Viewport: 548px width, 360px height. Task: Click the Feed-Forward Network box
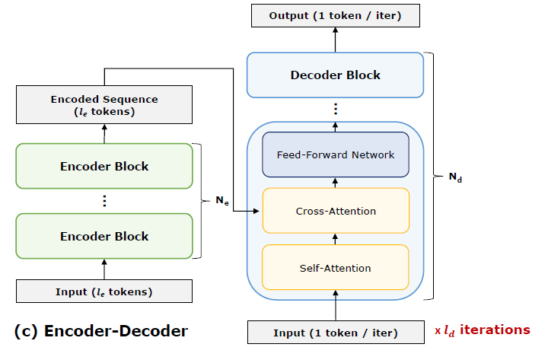coord(336,155)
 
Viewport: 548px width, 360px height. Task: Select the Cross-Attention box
coord(336,211)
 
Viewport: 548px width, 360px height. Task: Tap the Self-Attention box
coord(336,267)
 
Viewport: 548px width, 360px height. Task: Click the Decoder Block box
coord(335,75)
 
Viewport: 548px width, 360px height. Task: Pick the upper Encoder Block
coord(104,166)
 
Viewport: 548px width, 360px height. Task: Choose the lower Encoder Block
coord(104,236)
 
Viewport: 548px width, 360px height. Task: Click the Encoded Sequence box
coord(104,104)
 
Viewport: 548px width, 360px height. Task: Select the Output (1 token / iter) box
coord(336,15)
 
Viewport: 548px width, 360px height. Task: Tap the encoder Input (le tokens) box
coord(104,292)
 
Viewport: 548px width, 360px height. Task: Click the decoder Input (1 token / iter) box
coord(336,333)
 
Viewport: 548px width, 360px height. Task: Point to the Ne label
coord(222,201)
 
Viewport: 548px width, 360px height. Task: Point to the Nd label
coord(455,177)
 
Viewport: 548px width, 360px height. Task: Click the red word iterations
coord(495,330)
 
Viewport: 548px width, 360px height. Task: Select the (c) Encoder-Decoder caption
coord(101,331)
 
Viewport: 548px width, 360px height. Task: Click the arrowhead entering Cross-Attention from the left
coord(256,211)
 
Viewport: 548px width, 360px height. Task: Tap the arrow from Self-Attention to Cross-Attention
coord(335,239)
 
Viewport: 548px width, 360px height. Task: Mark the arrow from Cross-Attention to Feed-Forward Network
coord(335,183)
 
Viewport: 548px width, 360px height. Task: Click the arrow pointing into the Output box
coord(335,40)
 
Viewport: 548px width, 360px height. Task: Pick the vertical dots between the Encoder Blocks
coord(104,201)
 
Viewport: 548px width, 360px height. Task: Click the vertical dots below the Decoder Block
coord(336,109)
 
